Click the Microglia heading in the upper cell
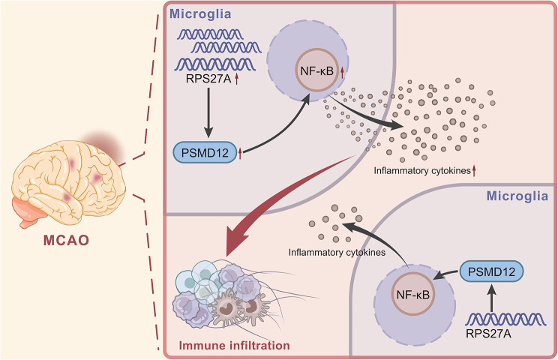(x=199, y=14)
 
